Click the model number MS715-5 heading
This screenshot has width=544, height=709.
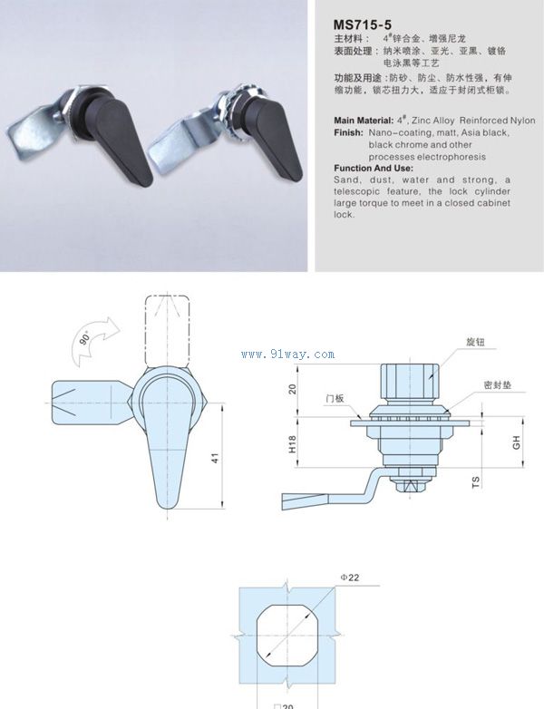(363, 24)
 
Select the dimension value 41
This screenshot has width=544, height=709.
(215, 458)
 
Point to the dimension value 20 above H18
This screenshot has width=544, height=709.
(293, 389)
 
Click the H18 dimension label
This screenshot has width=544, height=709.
(293, 443)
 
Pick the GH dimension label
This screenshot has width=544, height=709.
(516, 442)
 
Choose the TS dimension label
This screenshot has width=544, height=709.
(476, 482)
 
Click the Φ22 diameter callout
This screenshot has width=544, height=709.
(350, 578)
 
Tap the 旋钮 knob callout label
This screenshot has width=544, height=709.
(475, 342)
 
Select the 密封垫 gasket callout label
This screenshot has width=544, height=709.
(498, 384)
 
